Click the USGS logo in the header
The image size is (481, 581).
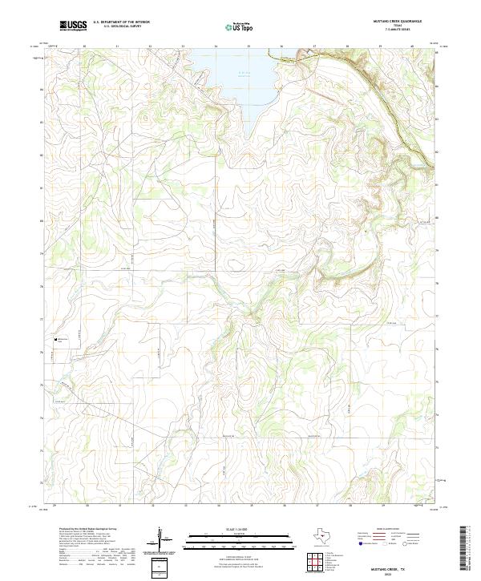(73, 26)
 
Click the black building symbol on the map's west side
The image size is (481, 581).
(55, 339)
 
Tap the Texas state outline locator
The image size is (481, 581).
(325, 536)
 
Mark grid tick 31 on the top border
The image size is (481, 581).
(117, 46)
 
